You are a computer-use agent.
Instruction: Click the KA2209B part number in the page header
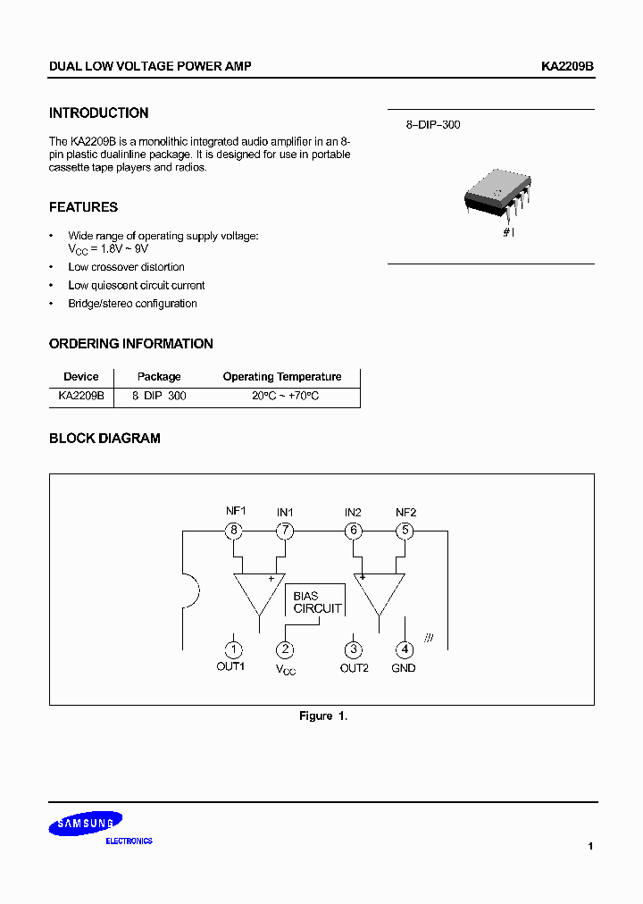[567, 67]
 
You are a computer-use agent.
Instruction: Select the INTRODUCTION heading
[98, 113]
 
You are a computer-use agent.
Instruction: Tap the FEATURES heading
[83, 207]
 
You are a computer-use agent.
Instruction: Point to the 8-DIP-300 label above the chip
[433, 125]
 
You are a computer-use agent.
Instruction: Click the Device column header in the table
[80, 377]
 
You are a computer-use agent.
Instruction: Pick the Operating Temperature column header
[282, 377]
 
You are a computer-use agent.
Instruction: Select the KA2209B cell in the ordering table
[80, 396]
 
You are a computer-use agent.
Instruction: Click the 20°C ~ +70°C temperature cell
[285, 396]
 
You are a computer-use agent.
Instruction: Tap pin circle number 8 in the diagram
[234, 531]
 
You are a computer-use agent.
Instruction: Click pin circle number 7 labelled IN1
[285, 531]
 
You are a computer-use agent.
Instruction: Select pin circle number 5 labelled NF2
[405, 531]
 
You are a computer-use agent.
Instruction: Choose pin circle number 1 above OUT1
[232, 650]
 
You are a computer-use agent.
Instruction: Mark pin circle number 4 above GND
[405, 650]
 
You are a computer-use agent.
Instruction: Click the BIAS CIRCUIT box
[316, 602]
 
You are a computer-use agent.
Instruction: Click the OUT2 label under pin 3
[354, 668]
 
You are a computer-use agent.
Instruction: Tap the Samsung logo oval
[86, 824]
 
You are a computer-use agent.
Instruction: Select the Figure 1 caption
[322, 716]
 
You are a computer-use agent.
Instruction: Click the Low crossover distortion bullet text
[126, 267]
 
